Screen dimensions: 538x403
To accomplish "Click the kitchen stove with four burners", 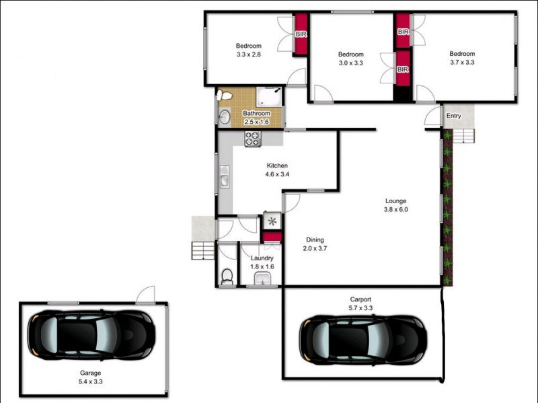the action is click(253, 139).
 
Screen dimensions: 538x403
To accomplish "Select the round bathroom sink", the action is click(225, 116).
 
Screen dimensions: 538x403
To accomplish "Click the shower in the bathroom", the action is click(269, 97).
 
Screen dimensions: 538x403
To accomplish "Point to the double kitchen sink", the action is click(225, 176).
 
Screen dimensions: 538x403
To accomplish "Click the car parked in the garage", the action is click(91, 335).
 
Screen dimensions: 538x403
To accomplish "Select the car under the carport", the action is click(363, 340).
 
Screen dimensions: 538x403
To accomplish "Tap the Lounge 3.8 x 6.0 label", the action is click(396, 205).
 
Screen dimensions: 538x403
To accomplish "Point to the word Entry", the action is click(453, 116).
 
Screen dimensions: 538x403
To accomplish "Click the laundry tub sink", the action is click(263, 279).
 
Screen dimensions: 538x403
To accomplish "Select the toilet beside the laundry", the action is click(227, 277).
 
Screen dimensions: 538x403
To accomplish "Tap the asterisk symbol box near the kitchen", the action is click(272, 221).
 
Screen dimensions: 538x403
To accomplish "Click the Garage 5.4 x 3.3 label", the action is click(91, 377).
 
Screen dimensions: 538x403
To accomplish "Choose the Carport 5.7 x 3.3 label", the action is click(360, 304).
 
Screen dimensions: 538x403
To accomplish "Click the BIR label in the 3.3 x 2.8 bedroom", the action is click(301, 34).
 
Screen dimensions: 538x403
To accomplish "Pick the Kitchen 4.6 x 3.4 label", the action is click(277, 170).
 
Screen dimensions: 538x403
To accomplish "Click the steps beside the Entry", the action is click(464, 136).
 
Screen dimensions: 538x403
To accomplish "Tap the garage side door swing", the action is click(145, 295).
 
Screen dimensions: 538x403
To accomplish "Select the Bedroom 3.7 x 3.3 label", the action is click(462, 58).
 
